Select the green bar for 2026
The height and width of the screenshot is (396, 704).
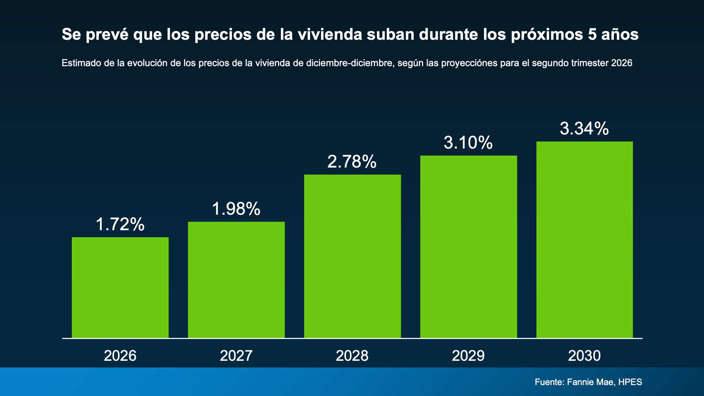pyautogui.click(x=120, y=288)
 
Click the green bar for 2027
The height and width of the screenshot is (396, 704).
pyautogui.click(x=236, y=280)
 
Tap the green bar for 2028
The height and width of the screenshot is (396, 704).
pyautogui.click(x=352, y=256)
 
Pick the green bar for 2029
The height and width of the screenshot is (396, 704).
pyautogui.click(x=469, y=247)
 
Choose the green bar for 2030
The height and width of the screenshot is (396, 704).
pyautogui.click(x=585, y=240)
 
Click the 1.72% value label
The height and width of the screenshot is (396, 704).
pyautogui.click(x=120, y=224)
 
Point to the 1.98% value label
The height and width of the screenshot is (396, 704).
pyautogui.click(x=236, y=209)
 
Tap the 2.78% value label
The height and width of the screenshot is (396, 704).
pyautogui.click(x=352, y=162)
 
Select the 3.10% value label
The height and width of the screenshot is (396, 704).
pyautogui.click(x=468, y=143)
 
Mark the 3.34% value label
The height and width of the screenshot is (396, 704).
pyautogui.click(x=584, y=128)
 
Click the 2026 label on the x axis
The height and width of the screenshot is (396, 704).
pyautogui.click(x=120, y=356)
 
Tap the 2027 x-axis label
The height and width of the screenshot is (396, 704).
pyautogui.click(x=236, y=356)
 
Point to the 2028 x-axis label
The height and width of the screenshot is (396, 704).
pyautogui.click(x=352, y=356)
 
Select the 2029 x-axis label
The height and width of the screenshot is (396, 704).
pyautogui.click(x=468, y=356)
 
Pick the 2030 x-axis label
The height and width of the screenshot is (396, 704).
pyautogui.click(x=584, y=356)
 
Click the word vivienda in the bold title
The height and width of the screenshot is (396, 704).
pyautogui.click(x=330, y=34)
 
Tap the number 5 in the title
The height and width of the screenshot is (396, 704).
pyautogui.click(x=592, y=34)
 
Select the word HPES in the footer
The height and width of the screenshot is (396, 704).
pyautogui.click(x=630, y=382)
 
